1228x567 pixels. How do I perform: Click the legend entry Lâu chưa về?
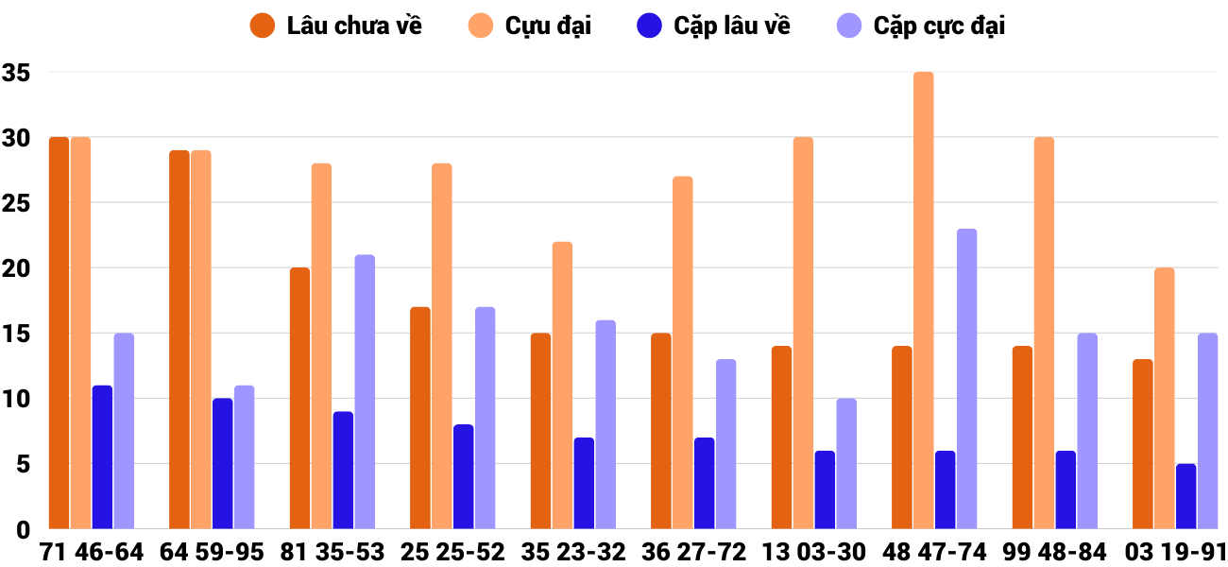click(x=336, y=26)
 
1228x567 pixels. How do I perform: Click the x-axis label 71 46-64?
click(x=91, y=552)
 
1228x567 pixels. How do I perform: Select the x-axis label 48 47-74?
click(x=933, y=552)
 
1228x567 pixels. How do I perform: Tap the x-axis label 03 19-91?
click(x=1174, y=552)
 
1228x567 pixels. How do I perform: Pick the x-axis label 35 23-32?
click(x=572, y=552)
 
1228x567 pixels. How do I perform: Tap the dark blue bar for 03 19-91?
click(x=1185, y=496)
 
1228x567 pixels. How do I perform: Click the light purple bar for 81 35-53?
click(x=365, y=391)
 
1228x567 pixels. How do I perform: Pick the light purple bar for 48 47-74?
click(x=966, y=378)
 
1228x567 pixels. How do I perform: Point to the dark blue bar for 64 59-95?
click(x=222, y=463)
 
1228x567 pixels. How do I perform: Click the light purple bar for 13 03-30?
click(x=846, y=463)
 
